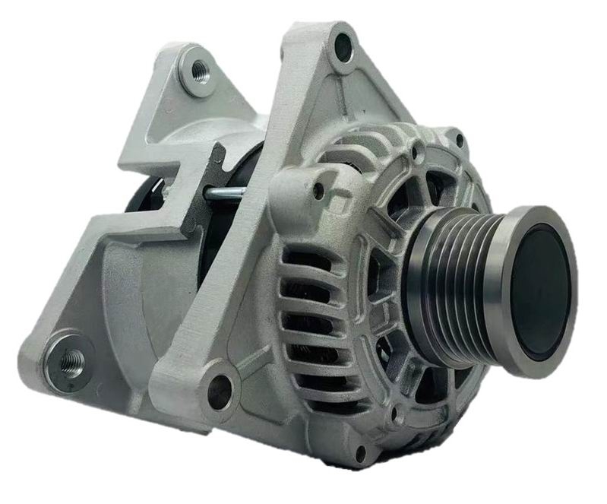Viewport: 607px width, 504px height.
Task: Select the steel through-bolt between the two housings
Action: pos(223,194)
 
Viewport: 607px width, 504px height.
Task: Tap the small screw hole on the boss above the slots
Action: pos(318,191)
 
